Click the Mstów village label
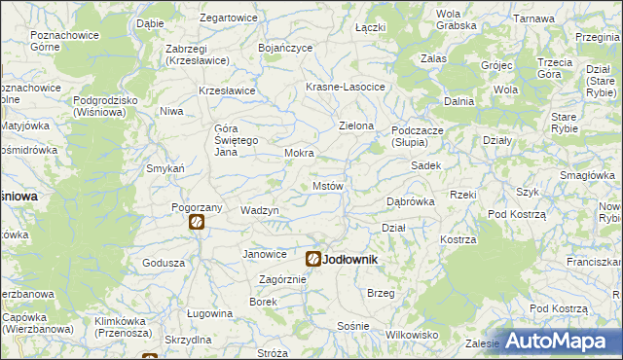pyautogui.click(x=327, y=185)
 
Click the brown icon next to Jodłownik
pyautogui.click(x=313, y=259)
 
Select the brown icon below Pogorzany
pyautogui.click(x=197, y=223)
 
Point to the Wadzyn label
pyautogui.click(x=260, y=211)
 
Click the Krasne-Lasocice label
pyautogui.click(x=346, y=87)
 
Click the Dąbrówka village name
pyautogui.click(x=410, y=201)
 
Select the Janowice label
pyautogui.click(x=265, y=254)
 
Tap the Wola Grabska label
pyautogui.click(x=449, y=19)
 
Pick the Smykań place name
pyautogui.click(x=165, y=168)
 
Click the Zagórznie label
pyautogui.click(x=282, y=279)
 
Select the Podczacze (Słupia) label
pyautogui.click(x=421, y=135)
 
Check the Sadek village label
pyautogui.click(x=426, y=165)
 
